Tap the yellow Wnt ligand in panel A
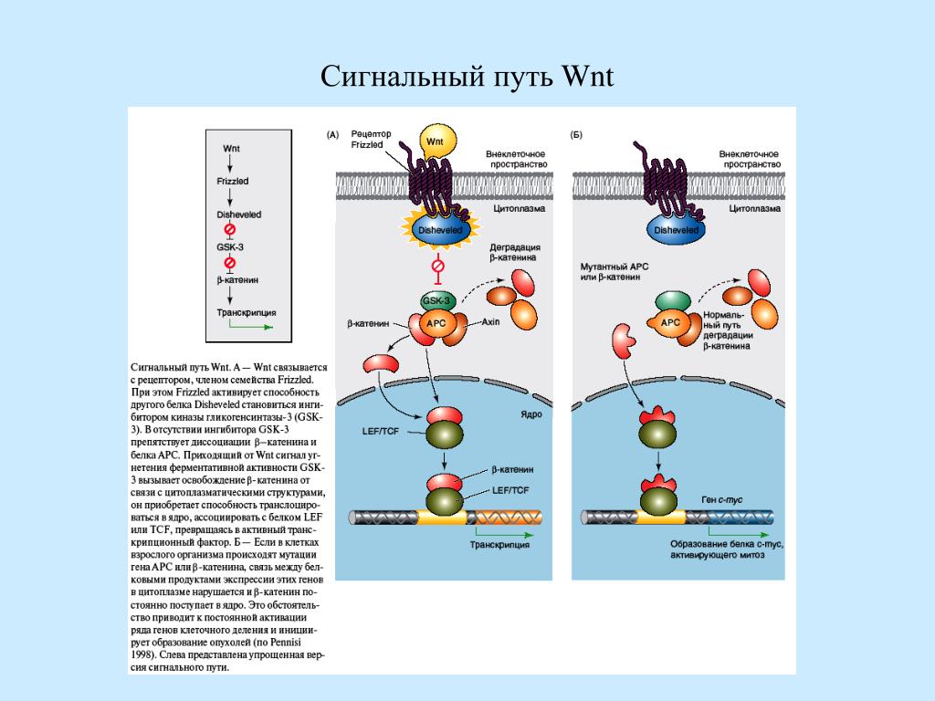point(436,143)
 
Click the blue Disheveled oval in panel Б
point(677,231)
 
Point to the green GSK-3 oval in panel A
point(436,301)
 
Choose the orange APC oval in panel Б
point(670,322)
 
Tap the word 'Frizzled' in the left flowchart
point(233,182)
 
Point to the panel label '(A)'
point(333,135)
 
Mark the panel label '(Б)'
point(576,135)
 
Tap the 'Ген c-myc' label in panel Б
point(720,501)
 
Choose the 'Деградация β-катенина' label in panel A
point(515,253)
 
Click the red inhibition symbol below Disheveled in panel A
point(438,266)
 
